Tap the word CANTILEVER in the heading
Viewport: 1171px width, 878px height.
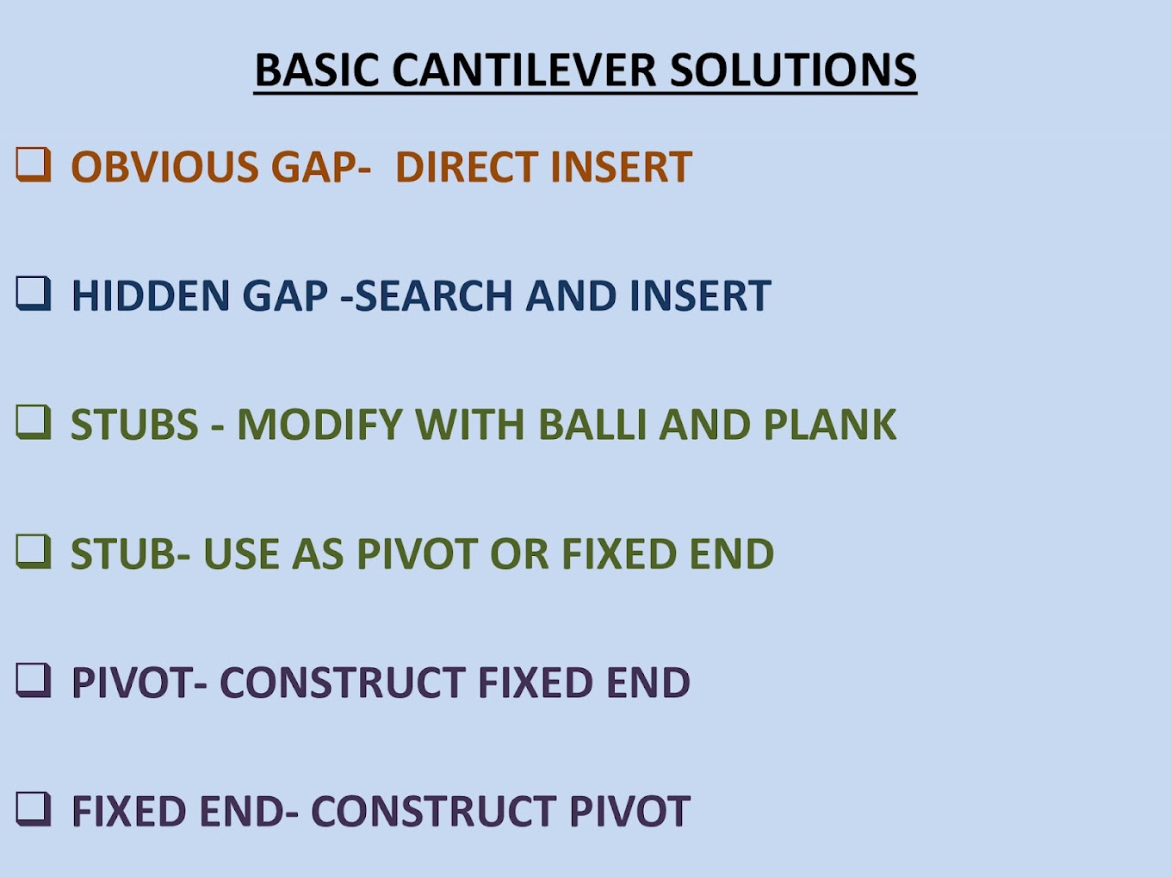(x=524, y=70)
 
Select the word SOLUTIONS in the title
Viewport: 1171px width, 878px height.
(x=793, y=70)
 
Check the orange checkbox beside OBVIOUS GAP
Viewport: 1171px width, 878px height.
(x=34, y=164)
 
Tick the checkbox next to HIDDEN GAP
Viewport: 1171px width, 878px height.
(x=34, y=294)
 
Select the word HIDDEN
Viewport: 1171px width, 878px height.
(x=151, y=295)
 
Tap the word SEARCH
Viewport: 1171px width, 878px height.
(x=434, y=295)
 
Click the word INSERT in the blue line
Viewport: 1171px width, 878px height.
(x=700, y=295)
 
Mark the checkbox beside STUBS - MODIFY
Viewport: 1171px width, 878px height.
(x=34, y=422)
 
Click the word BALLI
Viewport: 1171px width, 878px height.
(x=592, y=424)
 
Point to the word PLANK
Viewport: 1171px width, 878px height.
(x=830, y=424)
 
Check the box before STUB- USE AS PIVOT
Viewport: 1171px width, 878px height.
(x=34, y=551)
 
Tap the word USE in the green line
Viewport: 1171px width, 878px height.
(x=241, y=553)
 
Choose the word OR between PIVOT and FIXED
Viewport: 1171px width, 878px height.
(x=519, y=553)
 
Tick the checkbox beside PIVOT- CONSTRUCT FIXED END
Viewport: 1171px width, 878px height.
(x=34, y=680)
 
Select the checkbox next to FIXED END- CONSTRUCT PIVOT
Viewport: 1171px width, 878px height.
(x=34, y=808)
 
